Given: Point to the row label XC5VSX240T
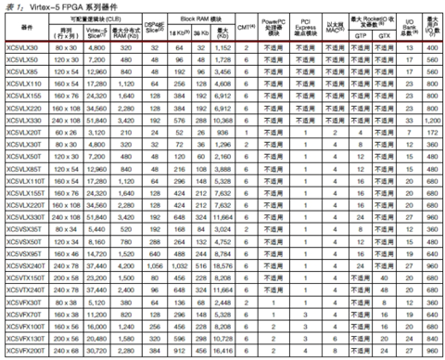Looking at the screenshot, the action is coord(26,267).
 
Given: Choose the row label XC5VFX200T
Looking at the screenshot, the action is coord(26,351).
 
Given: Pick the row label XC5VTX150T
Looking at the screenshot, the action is coord(26,277).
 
